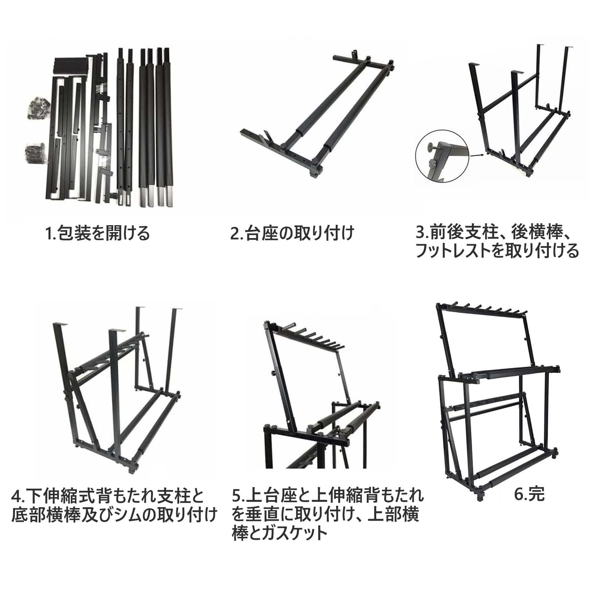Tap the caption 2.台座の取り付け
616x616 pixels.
(x=292, y=233)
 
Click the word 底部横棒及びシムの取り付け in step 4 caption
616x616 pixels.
(x=114, y=515)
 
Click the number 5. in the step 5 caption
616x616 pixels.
(x=238, y=496)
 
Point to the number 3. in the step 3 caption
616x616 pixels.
(x=422, y=232)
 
